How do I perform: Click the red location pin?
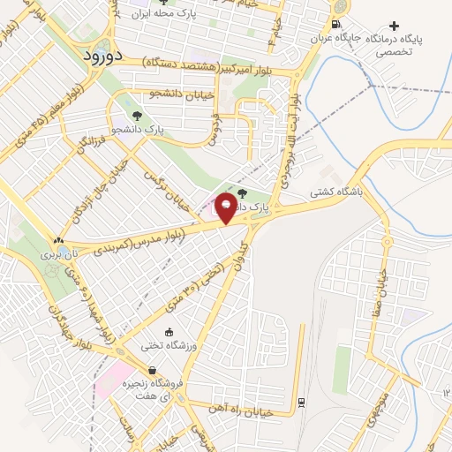click(x=227, y=208)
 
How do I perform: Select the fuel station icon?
click(x=335, y=24)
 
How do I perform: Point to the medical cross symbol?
click(x=394, y=26)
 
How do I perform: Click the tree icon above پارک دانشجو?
click(x=135, y=115)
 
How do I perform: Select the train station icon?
click(x=302, y=402)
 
